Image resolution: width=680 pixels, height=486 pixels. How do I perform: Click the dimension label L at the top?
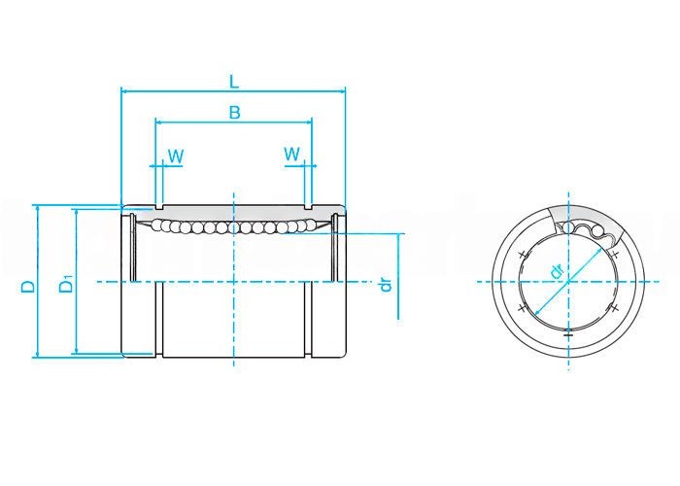point(234,81)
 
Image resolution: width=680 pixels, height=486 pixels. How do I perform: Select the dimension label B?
point(235,113)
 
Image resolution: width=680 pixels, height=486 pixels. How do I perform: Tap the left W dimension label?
point(176,156)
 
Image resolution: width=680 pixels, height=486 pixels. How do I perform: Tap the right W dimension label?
point(291,154)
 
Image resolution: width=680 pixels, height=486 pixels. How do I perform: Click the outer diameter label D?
point(28,286)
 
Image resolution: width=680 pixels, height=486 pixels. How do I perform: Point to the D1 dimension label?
point(66,284)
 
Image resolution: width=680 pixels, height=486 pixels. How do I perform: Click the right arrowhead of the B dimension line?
point(309,122)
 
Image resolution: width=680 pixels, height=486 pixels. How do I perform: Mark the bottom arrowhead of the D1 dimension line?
point(77,350)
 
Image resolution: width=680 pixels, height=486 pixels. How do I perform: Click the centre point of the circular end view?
point(568,282)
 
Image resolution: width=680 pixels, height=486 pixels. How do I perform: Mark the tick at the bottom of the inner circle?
point(568,335)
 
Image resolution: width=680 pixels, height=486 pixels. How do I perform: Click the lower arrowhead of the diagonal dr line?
point(538,312)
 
